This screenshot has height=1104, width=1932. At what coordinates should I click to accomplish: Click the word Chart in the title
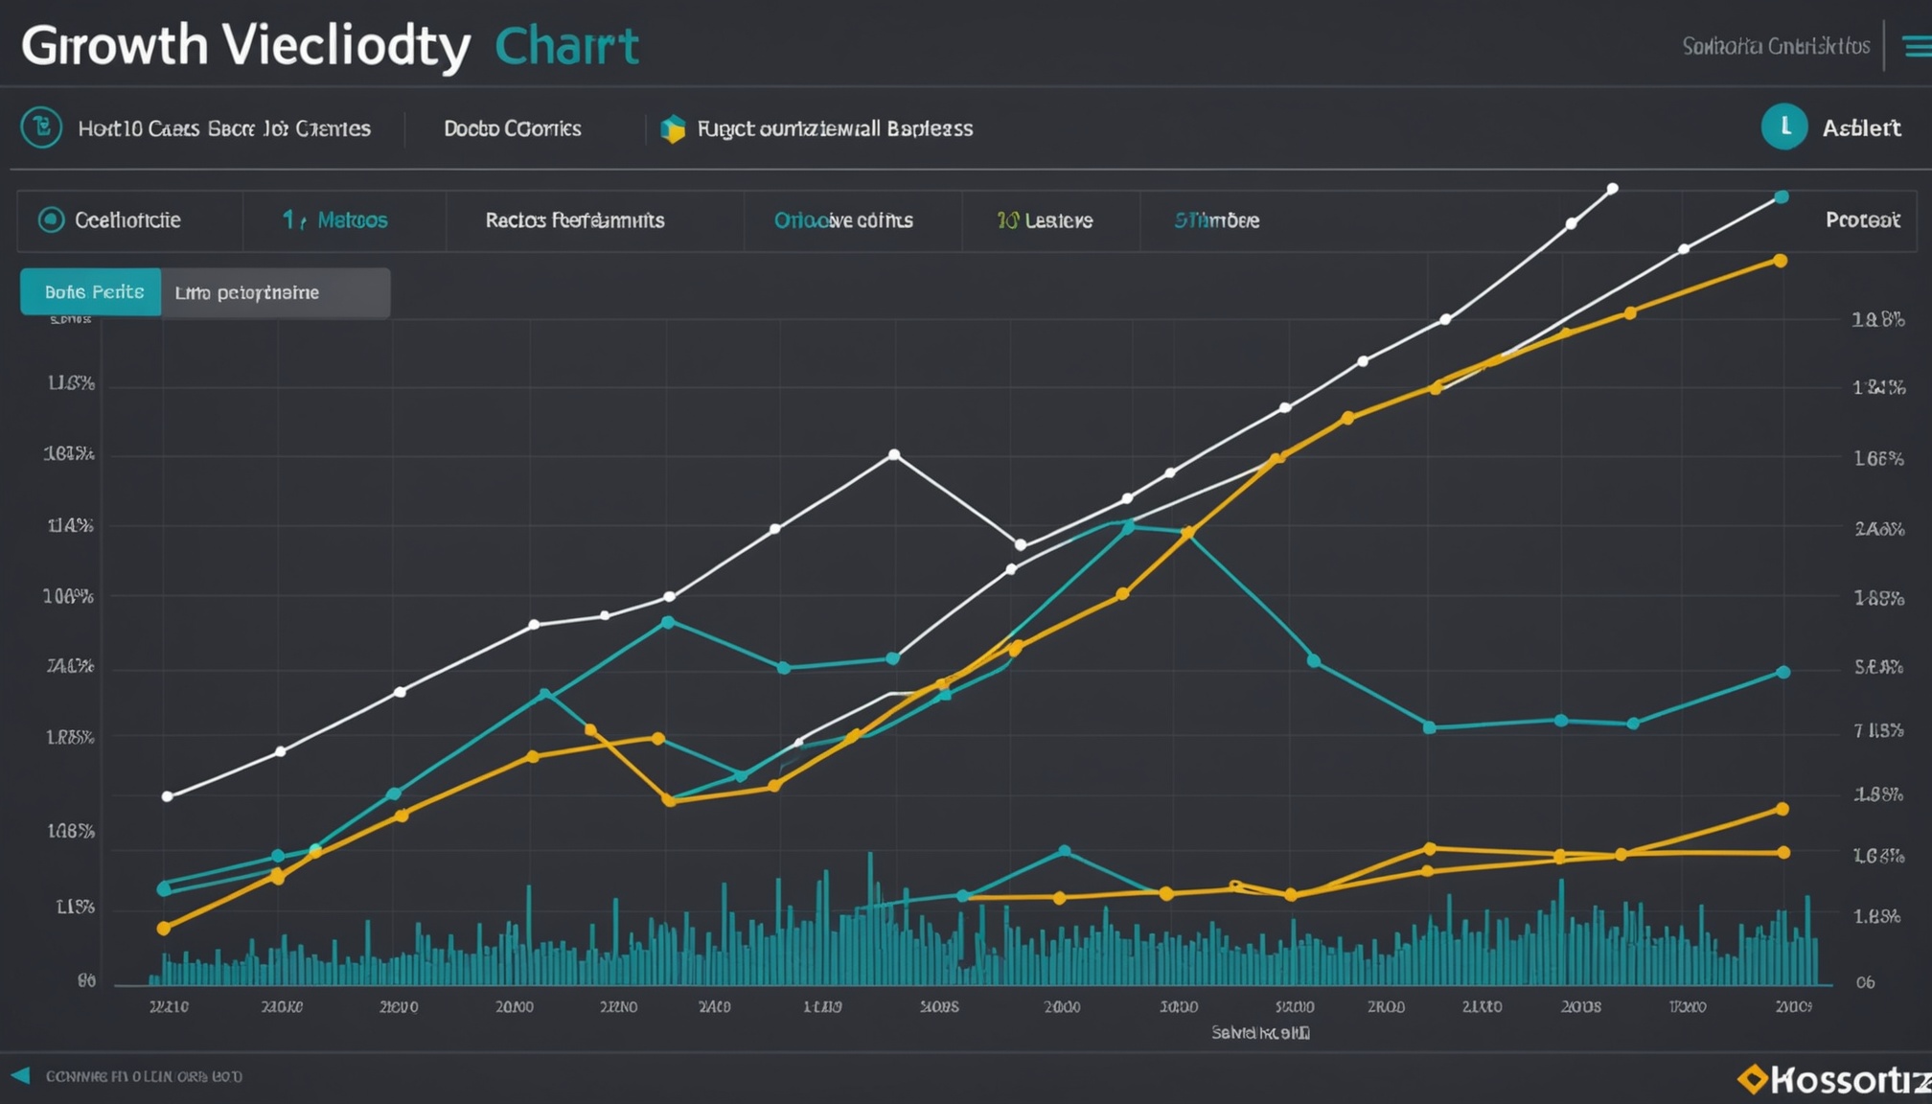click(566, 46)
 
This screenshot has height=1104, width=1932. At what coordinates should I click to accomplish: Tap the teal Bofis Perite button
click(92, 292)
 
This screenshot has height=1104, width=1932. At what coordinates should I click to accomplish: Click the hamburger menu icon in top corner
click(1917, 46)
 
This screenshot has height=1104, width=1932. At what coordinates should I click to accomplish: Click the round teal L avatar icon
click(1783, 126)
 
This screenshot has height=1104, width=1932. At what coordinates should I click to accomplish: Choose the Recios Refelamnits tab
click(574, 220)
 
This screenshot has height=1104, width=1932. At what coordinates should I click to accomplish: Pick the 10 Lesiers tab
click(1045, 220)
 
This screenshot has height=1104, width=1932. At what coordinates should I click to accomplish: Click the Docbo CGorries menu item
click(512, 128)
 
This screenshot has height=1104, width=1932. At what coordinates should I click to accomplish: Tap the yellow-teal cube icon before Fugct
click(673, 128)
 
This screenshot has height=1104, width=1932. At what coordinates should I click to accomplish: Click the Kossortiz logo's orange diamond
click(1753, 1079)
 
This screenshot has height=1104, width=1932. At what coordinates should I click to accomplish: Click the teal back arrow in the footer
click(20, 1075)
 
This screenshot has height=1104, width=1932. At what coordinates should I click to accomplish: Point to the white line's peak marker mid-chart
click(894, 454)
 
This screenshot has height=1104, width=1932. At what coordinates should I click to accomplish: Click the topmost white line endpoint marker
click(1613, 189)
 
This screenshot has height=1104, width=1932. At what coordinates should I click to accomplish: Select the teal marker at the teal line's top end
click(1782, 197)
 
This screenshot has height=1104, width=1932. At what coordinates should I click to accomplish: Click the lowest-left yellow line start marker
click(164, 928)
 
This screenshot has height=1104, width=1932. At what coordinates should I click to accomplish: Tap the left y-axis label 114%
click(71, 525)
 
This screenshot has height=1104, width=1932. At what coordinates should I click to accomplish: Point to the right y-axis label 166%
click(1878, 459)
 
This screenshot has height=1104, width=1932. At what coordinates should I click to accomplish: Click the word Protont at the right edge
click(1862, 220)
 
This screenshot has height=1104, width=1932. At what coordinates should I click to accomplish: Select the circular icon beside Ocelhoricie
click(51, 220)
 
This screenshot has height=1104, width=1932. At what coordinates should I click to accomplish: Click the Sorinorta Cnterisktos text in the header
click(1775, 46)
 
